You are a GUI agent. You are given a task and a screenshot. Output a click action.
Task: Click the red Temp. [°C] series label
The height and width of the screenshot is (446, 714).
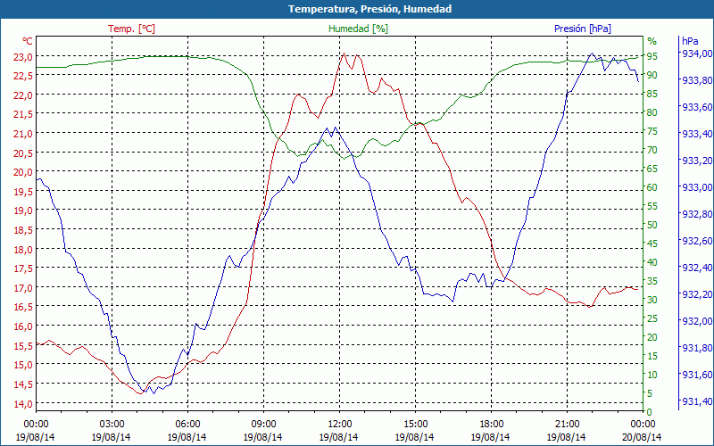tap(131, 29)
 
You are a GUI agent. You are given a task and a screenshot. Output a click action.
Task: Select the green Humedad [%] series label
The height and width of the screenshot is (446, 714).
tap(359, 29)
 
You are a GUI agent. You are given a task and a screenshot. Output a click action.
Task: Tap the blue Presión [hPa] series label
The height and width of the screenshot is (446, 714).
tap(583, 29)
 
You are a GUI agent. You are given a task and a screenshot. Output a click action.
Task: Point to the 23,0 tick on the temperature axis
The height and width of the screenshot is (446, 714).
tap(21, 56)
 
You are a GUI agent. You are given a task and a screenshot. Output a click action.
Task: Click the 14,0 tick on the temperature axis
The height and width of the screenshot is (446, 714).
tap(21, 404)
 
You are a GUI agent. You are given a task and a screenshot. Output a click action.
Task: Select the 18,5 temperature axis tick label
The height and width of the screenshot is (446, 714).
tap(21, 230)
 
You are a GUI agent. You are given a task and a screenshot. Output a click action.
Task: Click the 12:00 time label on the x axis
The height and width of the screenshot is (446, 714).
tap(339, 424)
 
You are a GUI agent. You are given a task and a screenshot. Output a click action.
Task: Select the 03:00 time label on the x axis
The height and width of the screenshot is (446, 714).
tap(112, 424)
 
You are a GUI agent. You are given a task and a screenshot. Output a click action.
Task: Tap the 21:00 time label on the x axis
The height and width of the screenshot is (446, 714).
tap(567, 424)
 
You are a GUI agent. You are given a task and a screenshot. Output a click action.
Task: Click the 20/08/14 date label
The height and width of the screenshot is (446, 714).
tap(643, 437)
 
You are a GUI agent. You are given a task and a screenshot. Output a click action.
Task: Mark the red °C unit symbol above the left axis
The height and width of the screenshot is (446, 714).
tap(28, 41)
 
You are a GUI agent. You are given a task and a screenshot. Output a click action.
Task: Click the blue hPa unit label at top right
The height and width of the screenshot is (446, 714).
tap(690, 41)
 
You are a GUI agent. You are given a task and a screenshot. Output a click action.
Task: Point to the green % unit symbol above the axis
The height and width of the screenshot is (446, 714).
tap(652, 41)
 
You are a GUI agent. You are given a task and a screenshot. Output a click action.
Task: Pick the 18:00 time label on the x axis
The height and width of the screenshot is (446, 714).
tap(491, 424)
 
